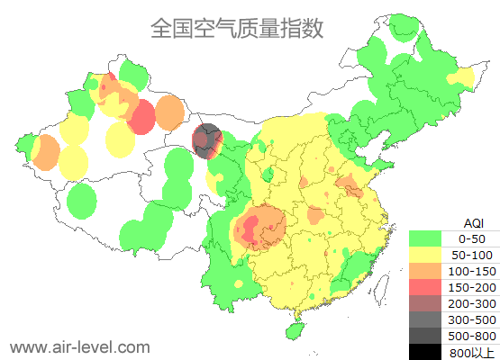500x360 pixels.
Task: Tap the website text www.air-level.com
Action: [x=79, y=346]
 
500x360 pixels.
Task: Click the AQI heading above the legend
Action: [x=473, y=222]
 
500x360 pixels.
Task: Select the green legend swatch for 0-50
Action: [x=425, y=238]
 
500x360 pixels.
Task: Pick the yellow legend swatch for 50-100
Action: [x=425, y=255]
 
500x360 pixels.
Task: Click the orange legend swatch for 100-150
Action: [x=425, y=271]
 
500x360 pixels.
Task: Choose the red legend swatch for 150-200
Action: [x=425, y=287]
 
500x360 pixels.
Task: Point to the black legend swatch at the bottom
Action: [x=425, y=352]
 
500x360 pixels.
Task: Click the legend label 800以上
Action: [x=471, y=352]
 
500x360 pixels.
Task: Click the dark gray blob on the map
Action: [x=207, y=139]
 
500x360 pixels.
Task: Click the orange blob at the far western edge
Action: [x=43, y=152]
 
